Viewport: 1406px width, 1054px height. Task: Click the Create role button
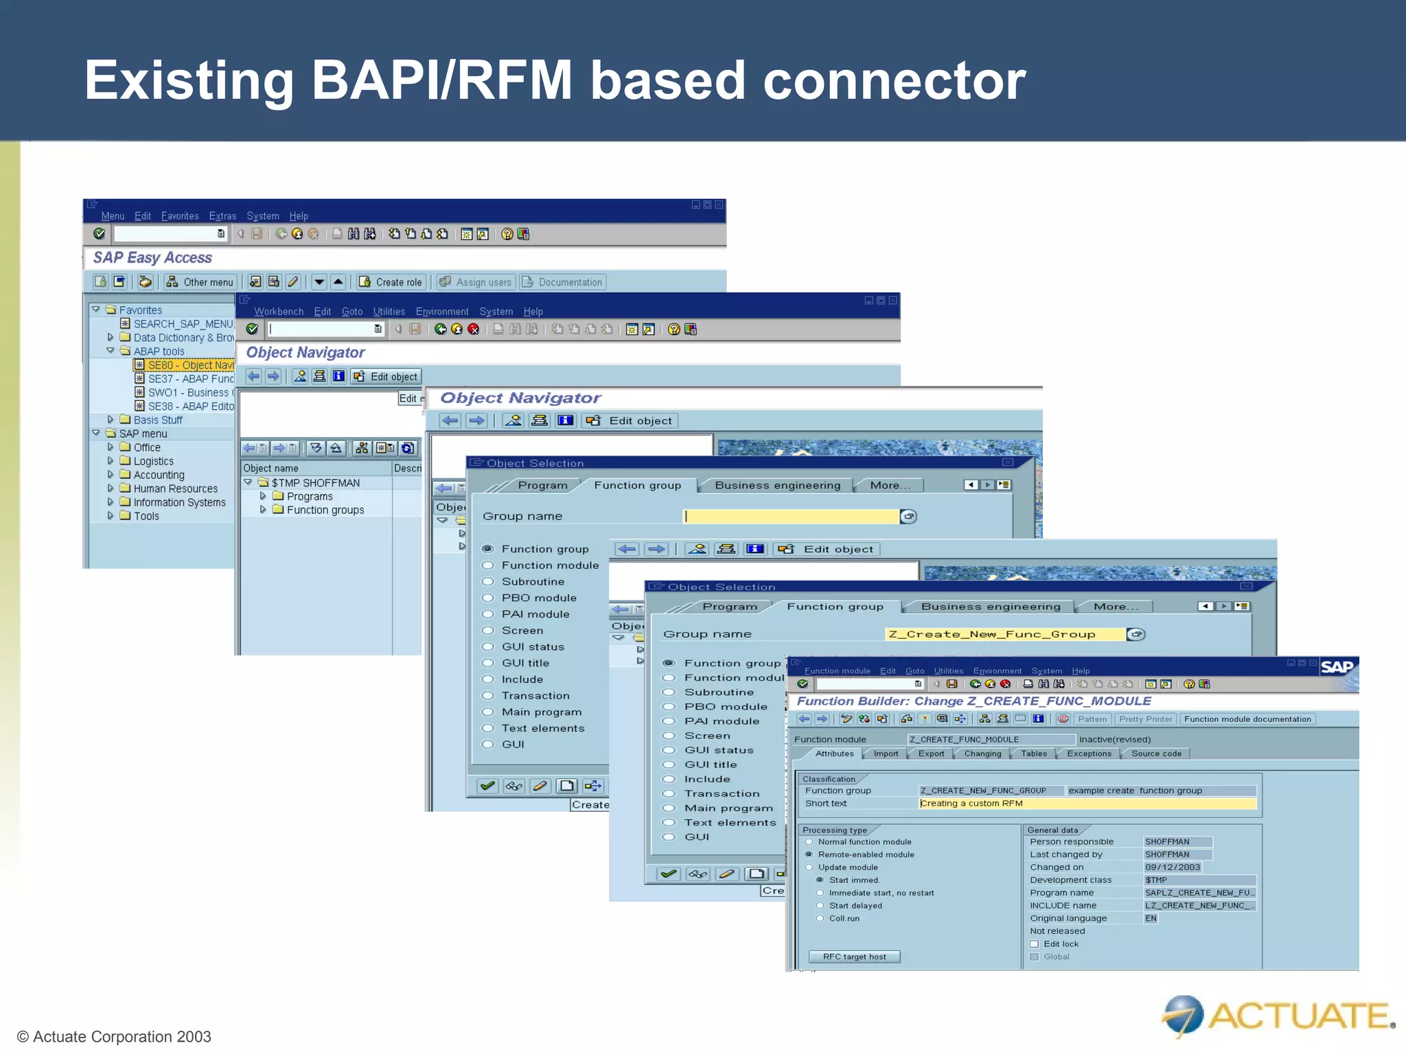391,282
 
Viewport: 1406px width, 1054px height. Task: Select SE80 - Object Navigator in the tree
190,365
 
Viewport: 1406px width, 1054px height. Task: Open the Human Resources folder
175,489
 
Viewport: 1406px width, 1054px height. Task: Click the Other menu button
200,282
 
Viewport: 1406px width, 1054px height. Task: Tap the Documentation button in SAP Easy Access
562,282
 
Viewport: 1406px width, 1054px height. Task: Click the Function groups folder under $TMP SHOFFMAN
325,510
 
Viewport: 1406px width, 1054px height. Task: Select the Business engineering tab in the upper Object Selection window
777,485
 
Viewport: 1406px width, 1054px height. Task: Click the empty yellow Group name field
791,516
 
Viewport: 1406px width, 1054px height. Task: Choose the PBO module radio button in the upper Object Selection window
488,598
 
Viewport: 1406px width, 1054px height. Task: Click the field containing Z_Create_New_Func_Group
1004,634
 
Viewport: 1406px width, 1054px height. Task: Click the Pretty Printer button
1145,719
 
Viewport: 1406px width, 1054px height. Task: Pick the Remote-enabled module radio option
809,854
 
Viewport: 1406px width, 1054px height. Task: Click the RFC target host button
854,957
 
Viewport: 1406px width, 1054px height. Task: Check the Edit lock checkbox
1034,944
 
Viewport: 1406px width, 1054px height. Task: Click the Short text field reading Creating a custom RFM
1087,804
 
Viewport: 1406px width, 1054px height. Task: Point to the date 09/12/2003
1172,867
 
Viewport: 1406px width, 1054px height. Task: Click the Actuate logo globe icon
1183,1014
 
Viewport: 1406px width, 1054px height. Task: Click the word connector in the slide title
894,81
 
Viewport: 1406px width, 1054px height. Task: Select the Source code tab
1156,753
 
